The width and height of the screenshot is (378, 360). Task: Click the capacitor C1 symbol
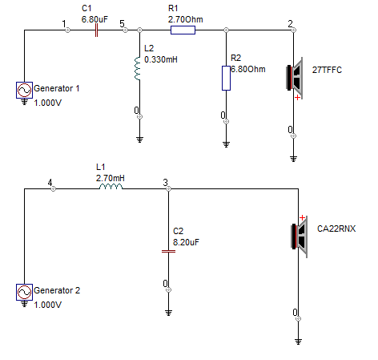point(97,30)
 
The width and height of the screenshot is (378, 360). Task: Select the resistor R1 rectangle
point(183,30)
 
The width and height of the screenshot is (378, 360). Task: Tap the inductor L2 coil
point(138,68)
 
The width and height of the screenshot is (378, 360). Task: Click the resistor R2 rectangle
point(226,78)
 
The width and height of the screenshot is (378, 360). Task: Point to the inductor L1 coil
point(111,186)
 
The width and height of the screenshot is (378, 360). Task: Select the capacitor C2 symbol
point(168,251)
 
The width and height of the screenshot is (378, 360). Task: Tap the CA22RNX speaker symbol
point(300,237)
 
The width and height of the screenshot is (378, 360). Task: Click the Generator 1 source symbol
point(24,90)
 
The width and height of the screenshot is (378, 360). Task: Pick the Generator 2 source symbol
point(24,292)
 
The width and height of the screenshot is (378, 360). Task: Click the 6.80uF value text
point(94,19)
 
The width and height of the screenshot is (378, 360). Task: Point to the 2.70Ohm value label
point(185,19)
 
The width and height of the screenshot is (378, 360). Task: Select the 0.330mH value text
point(161,59)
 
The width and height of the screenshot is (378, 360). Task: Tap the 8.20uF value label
point(186,242)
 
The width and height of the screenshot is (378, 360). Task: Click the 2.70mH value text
point(111,178)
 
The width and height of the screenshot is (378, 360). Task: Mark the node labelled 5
point(122,24)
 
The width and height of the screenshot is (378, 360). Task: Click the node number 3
point(166,183)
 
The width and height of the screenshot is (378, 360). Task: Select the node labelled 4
point(50,183)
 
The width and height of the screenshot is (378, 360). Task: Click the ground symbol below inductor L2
point(139,140)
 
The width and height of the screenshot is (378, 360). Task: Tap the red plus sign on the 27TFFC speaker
point(297,98)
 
